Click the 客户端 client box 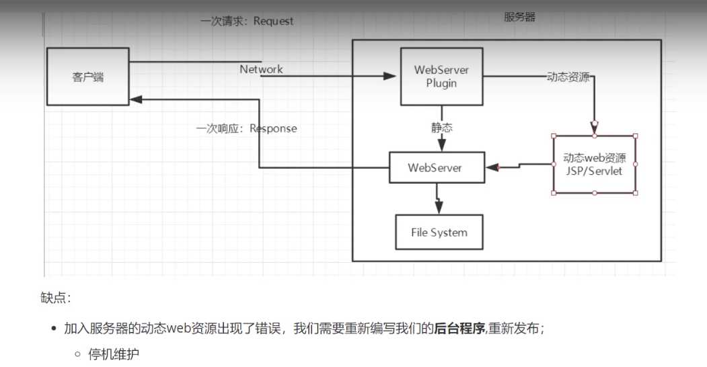[87, 76]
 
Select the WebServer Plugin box [441, 76]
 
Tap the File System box [439, 233]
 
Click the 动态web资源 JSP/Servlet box [594, 165]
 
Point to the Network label [261, 69]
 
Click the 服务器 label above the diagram [520, 17]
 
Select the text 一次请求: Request [247, 21]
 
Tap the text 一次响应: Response [246, 128]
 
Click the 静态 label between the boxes [441, 127]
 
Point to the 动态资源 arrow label [568, 77]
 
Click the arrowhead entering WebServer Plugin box [390, 77]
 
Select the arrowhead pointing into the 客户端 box [136, 99]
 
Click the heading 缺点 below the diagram [55, 297]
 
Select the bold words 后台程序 [459, 329]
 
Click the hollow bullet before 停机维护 [78, 354]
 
